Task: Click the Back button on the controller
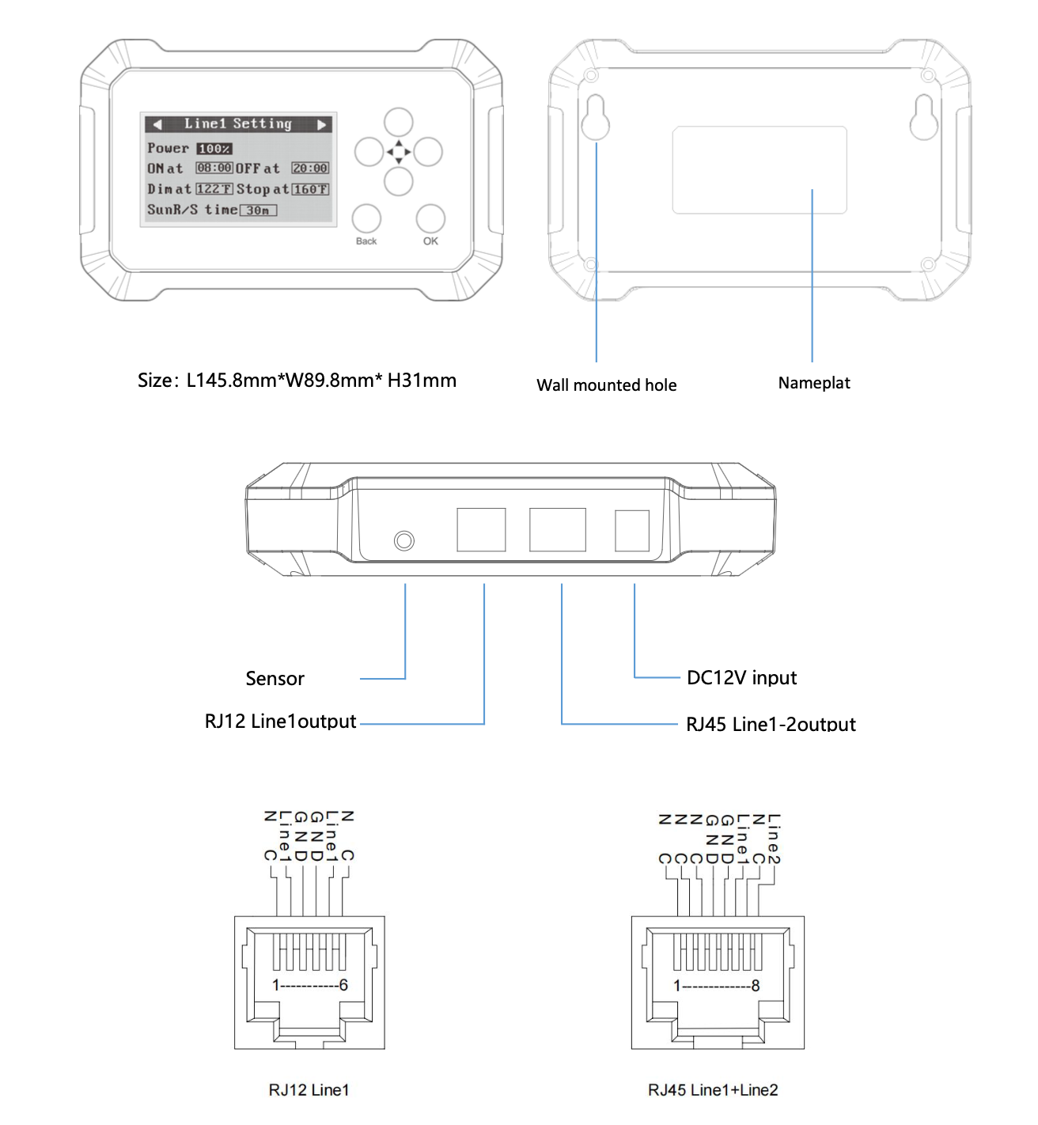(x=366, y=218)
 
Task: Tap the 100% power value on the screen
(x=214, y=149)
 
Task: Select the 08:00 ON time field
(x=214, y=169)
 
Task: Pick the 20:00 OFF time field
(x=310, y=169)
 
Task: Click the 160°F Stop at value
(x=310, y=189)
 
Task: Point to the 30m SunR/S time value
(x=259, y=210)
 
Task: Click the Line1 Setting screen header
(x=238, y=124)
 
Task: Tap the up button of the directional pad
(x=399, y=123)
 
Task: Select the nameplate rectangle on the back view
(x=760, y=170)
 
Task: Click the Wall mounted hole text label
(x=607, y=385)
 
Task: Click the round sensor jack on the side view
(x=404, y=540)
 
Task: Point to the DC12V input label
(x=741, y=678)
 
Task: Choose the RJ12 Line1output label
(x=280, y=722)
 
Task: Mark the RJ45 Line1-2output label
(x=771, y=724)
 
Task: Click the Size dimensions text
(x=297, y=381)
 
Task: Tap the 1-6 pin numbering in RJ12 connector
(x=310, y=985)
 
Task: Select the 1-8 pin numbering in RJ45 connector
(x=717, y=986)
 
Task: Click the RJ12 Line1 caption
(x=309, y=1090)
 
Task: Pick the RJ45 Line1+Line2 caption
(x=713, y=1090)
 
